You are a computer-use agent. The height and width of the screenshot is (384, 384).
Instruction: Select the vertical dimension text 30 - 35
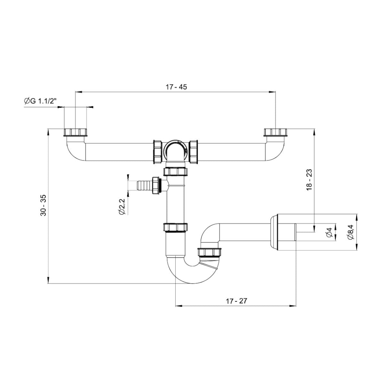(x=43, y=205)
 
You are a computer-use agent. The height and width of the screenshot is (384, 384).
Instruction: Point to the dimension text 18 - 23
(x=309, y=180)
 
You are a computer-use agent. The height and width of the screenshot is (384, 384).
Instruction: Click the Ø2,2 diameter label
(x=121, y=207)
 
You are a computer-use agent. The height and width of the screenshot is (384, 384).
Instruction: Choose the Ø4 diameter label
(x=329, y=232)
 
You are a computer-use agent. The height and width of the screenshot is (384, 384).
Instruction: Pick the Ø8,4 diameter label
(x=350, y=232)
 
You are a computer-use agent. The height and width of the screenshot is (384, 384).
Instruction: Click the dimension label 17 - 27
(x=236, y=301)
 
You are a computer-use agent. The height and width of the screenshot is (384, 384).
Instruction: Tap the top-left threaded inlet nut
(x=76, y=132)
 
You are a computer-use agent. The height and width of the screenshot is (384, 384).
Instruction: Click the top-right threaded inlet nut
(x=276, y=132)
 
